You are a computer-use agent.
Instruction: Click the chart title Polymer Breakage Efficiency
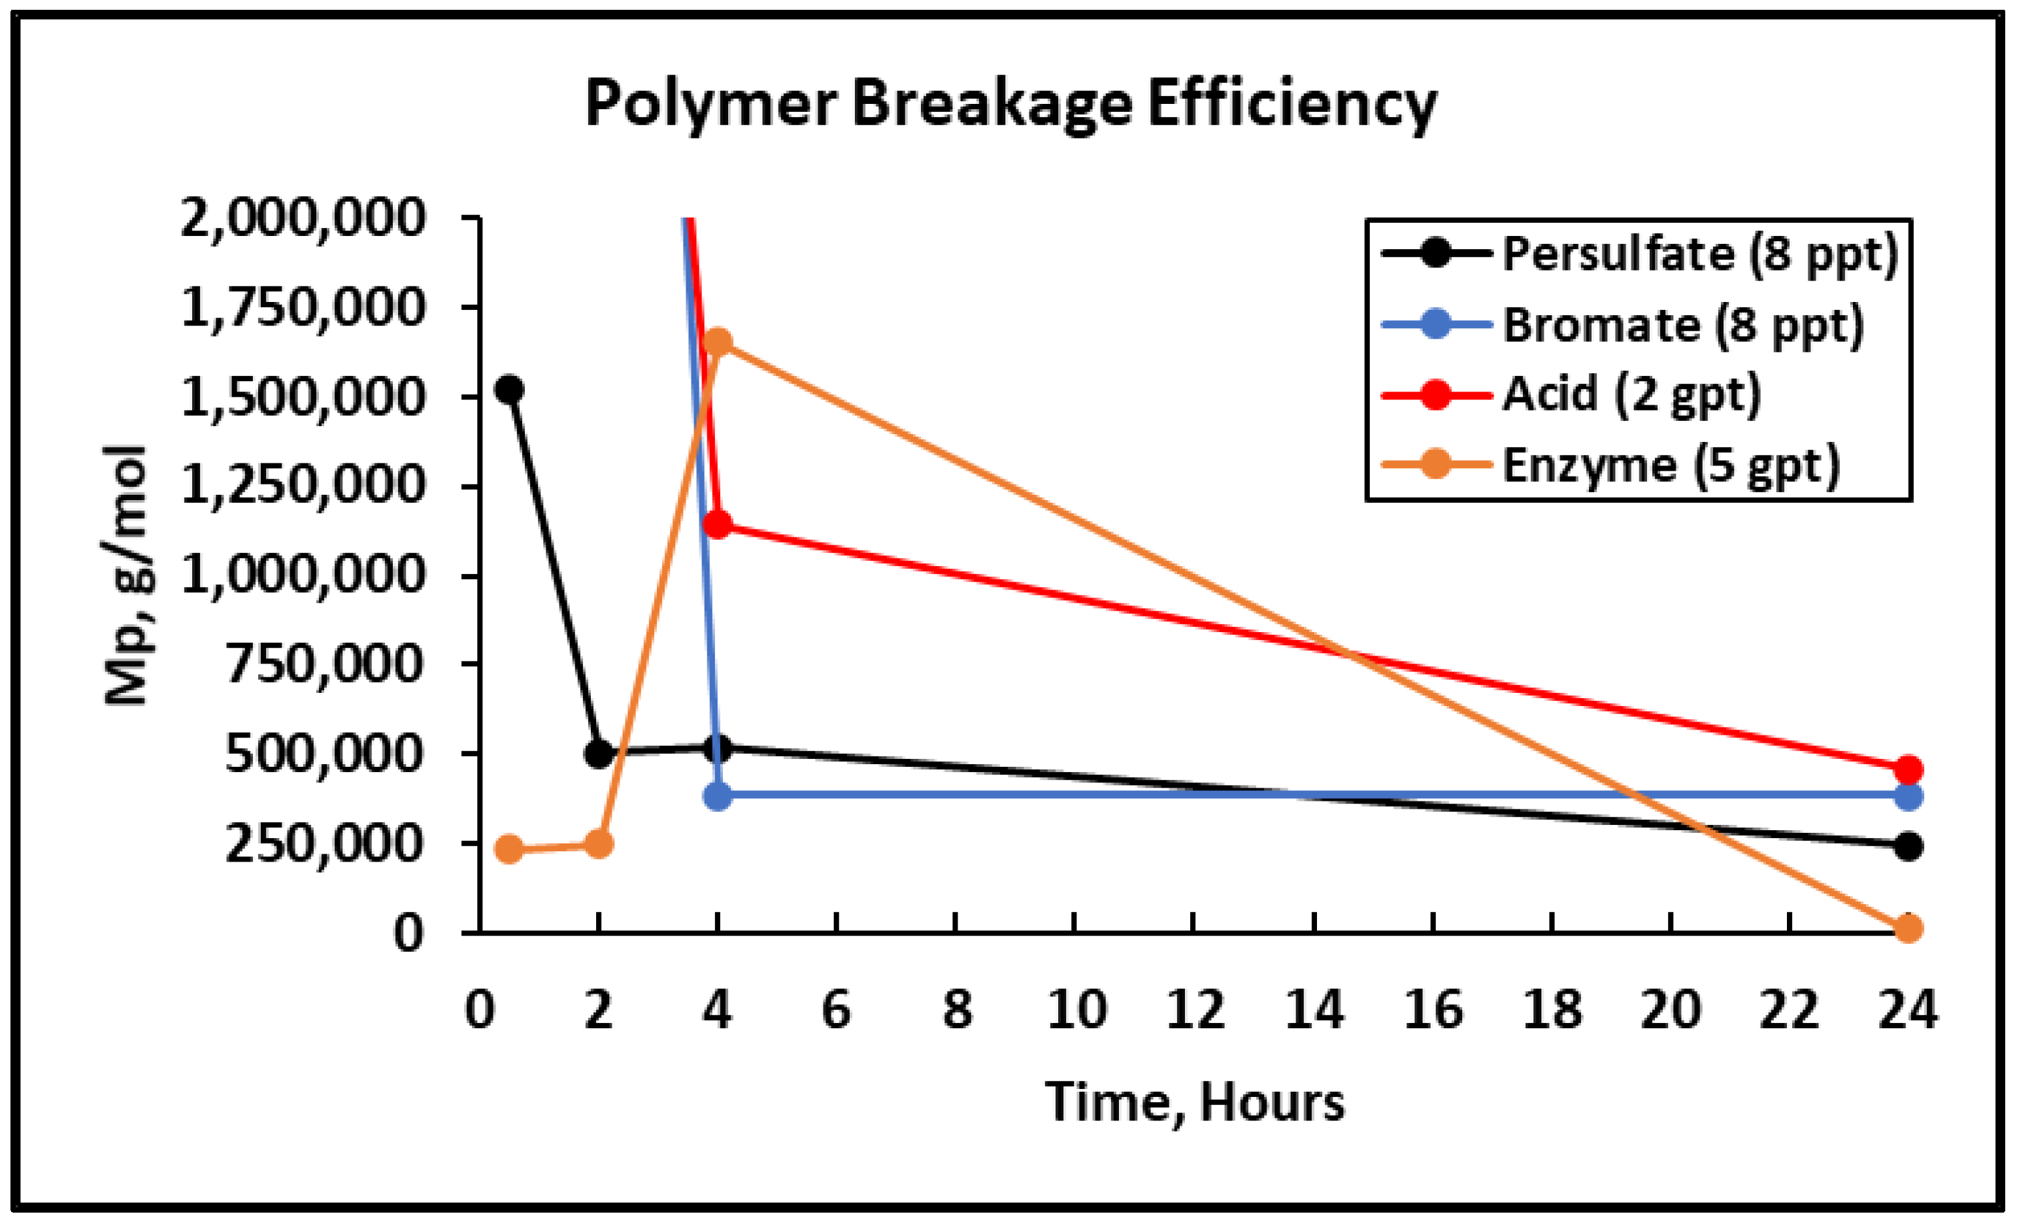coord(1010,105)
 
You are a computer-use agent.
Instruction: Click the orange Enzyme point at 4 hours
coord(717,341)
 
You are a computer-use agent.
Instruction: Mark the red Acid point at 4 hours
coord(717,525)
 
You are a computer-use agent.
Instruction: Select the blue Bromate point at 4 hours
coord(718,795)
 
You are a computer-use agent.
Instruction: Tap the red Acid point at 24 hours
coord(1908,769)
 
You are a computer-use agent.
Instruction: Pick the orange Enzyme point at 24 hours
coord(1908,928)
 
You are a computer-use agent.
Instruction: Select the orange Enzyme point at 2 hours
coord(599,844)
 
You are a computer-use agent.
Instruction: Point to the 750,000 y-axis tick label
coord(325,664)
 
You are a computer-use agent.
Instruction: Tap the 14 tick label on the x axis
coord(1314,1010)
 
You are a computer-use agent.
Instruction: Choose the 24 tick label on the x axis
coord(1907,1010)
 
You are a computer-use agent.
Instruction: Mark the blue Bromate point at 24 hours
coord(1908,796)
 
